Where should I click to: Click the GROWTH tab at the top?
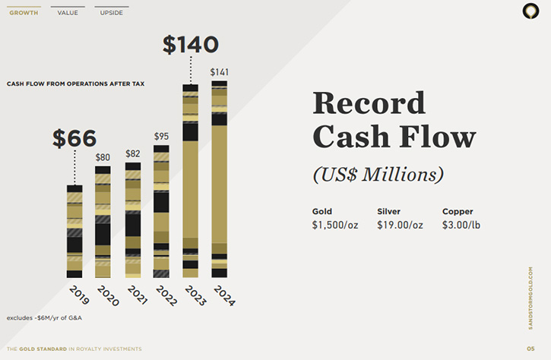point(24,13)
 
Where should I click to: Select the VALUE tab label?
point(68,13)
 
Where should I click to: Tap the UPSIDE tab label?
point(112,13)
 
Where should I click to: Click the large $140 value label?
point(191,45)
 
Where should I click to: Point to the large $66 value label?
point(74,138)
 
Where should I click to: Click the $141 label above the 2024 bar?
point(220,72)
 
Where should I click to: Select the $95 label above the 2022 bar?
point(161,136)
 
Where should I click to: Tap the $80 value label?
point(103,157)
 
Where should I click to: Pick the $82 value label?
point(133,154)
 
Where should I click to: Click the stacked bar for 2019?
point(74,232)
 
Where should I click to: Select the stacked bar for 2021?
point(133,220)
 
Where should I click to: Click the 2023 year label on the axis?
point(195,295)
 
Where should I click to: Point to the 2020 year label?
point(108,295)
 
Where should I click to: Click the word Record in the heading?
point(369,103)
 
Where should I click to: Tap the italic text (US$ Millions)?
point(378,175)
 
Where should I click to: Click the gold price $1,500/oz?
point(335,225)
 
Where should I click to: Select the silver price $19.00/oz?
point(400,225)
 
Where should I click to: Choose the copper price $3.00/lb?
point(461,225)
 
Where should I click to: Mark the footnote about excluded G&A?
point(44,318)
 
